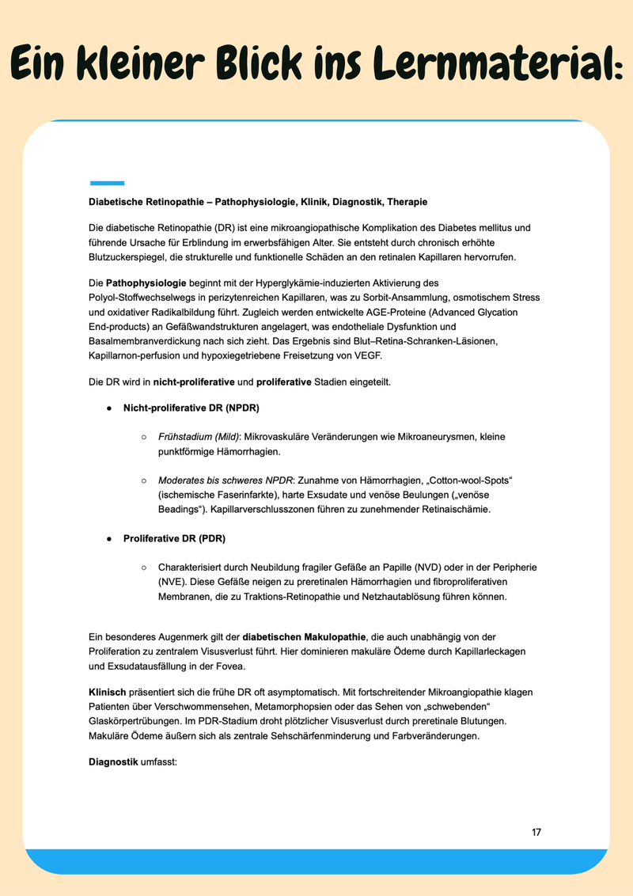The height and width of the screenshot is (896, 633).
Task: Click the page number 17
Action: (x=536, y=832)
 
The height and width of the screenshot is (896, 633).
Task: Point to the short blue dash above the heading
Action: (x=107, y=183)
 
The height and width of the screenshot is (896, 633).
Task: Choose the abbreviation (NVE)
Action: (x=171, y=582)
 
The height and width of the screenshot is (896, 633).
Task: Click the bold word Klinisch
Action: (x=107, y=693)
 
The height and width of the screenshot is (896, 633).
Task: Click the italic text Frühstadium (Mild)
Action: (x=198, y=437)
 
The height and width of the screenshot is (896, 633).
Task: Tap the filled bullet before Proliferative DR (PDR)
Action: (x=108, y=539)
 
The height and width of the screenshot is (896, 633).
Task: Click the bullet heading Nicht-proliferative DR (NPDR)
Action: (x=191, y=408)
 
